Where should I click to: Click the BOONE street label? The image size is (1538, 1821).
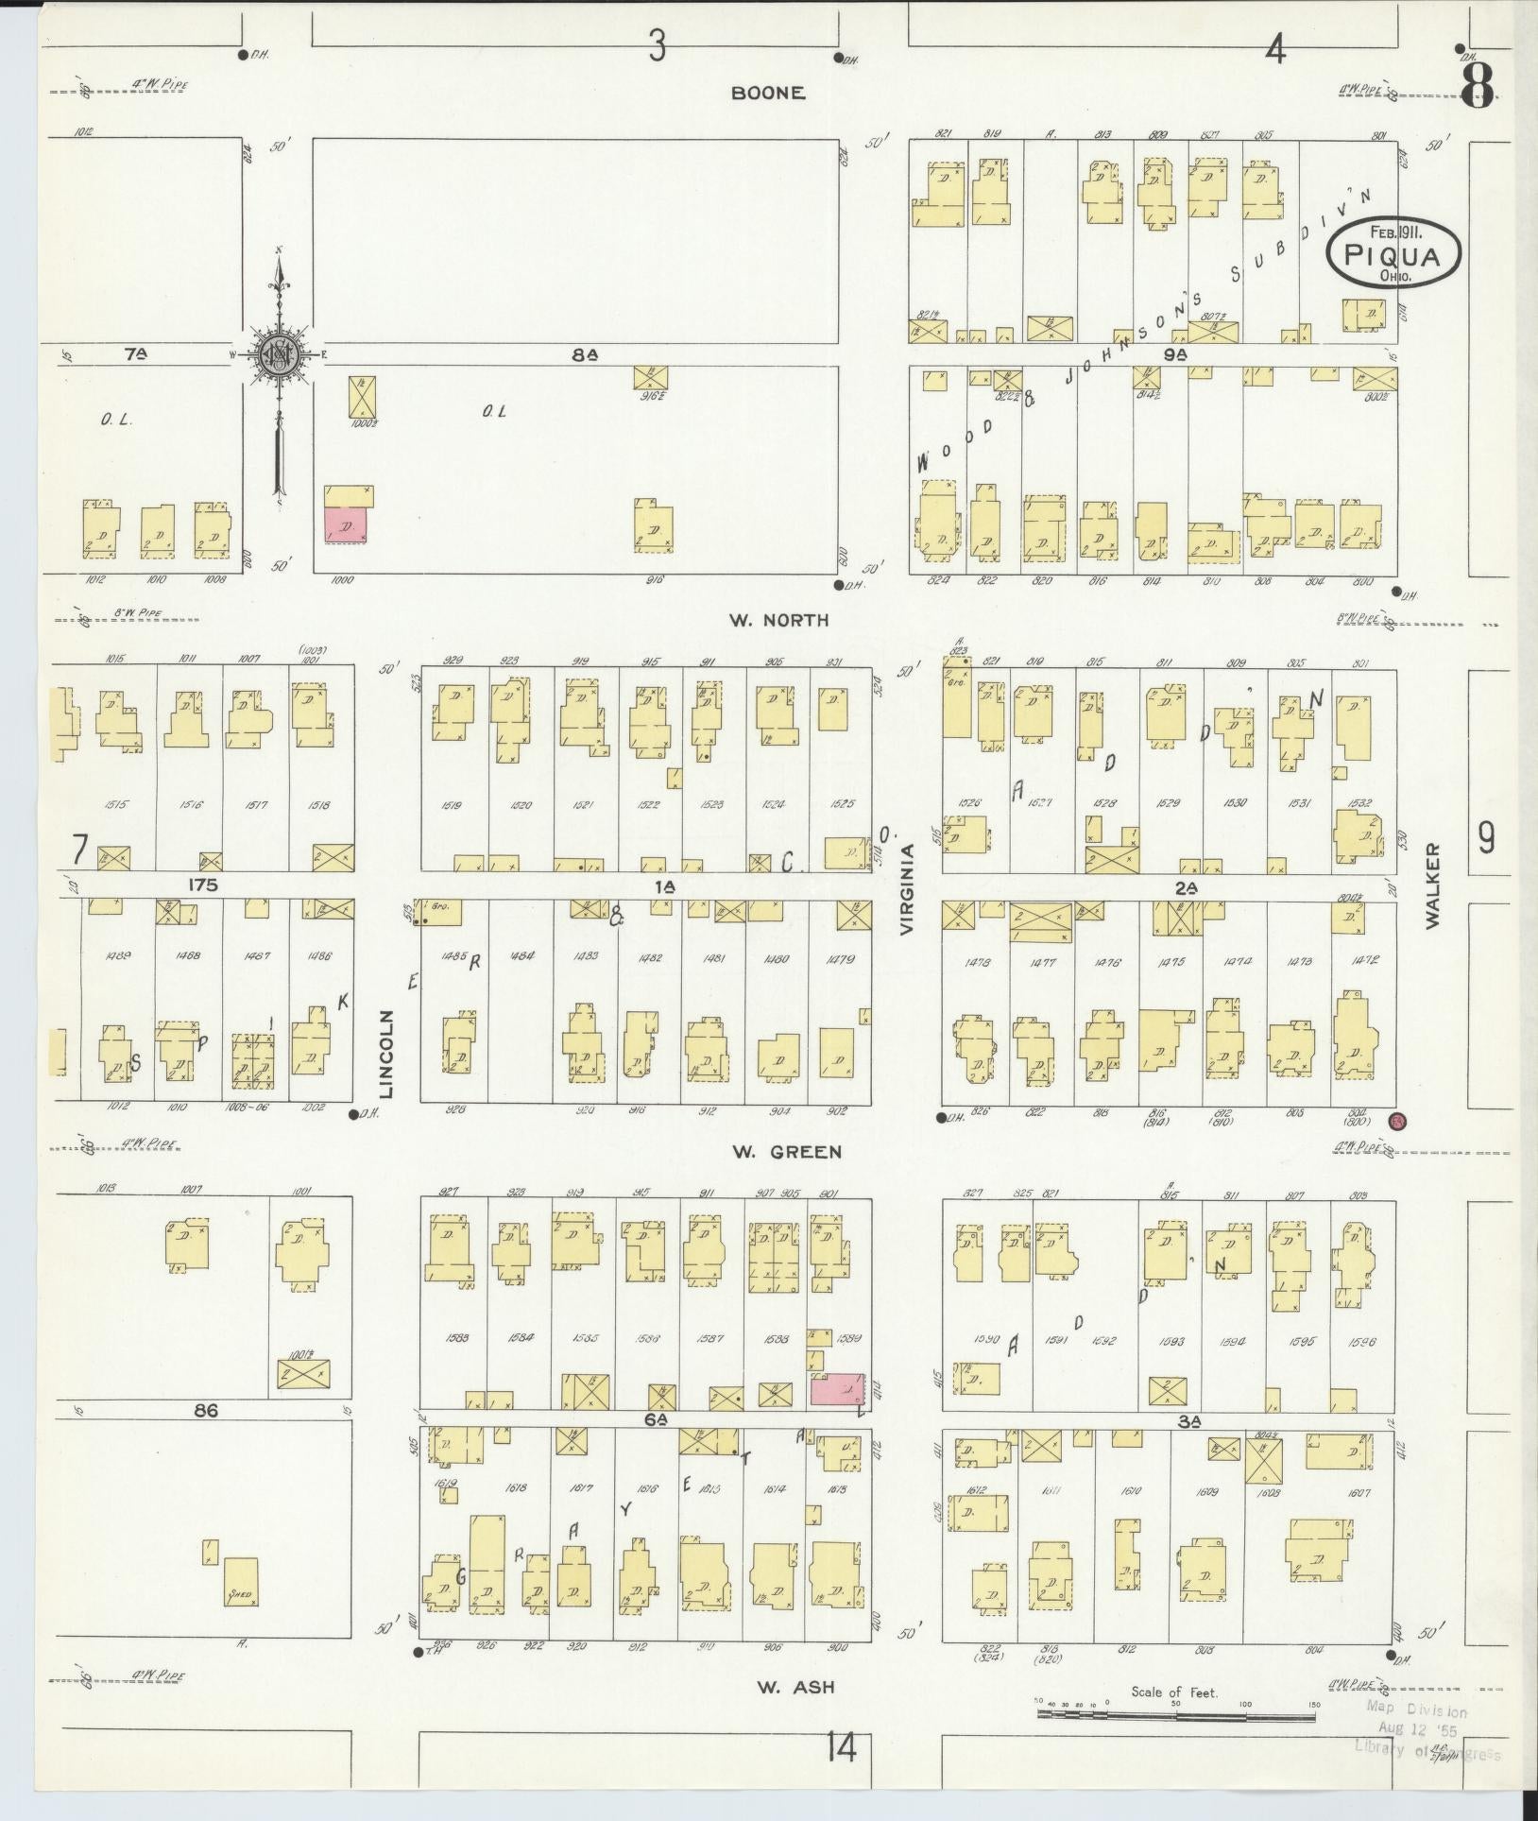tap(768, 94)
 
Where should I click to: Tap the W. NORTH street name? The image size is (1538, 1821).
tap(778, 620)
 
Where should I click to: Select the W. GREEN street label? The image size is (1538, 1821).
tap(786, 1152)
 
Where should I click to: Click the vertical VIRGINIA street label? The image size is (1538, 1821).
tap(908, 889)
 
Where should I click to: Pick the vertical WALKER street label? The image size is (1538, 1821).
tap(1434, 885)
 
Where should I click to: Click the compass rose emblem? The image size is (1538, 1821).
tap(279, 356)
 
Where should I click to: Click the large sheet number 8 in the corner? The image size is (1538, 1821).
tap(1478, 87)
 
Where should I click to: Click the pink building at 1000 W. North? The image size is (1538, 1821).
tap(346, 524)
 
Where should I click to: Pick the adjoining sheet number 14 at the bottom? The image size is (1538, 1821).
tap(840, 1748)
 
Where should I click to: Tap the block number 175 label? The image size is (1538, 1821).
tap(203, 885)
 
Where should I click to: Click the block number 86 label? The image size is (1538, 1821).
tap(206, 1410)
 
